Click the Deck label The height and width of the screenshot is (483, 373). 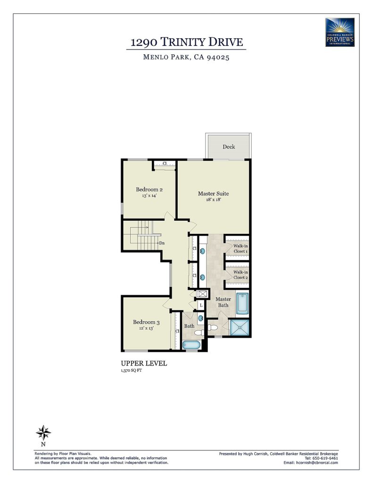pyautogui.click(x=229, y=147)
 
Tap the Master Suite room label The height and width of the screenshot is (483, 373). pyautogui.click(x=213, y=193)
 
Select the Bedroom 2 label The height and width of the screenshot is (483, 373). pyautogui.click(x=149, y=190)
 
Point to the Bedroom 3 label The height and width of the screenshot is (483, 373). pyautogui.click(x=146, y=322)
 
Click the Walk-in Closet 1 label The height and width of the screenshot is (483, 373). pyautogui.click(x=240, y=249)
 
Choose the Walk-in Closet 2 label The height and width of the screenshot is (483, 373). pyautogui.click(x=240, y=275)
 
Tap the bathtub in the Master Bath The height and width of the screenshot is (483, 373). pyautogui.click(x=242, y=304)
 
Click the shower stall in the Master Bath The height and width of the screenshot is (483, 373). pyautogui.click(x=240, y=327)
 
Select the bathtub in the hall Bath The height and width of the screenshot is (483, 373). pyautogui.click(x=191, y=345)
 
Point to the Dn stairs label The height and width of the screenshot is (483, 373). pyautogui.click(x=162, y=243)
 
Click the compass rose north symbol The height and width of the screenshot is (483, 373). pyautogui.click(x=43, y=433)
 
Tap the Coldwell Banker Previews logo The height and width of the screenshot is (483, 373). pyautogui.click(x=340, y=32)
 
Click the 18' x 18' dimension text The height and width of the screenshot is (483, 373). pyautogui.click(x=214, y=200)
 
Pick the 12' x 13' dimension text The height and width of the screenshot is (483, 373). pyautogui.click(x=146, y=328)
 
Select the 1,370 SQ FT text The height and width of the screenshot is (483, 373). pyautogui.click(x=132, y=370)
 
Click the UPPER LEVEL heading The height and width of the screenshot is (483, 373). pyautogui.click(x=144, y=363)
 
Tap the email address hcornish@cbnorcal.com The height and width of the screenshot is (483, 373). pyautogui.click(x=316, y=462)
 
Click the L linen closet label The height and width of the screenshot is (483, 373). pyautogui.click(x=201, y=305)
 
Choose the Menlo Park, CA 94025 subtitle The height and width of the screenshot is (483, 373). pyautogui.click(x=186, y=57)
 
